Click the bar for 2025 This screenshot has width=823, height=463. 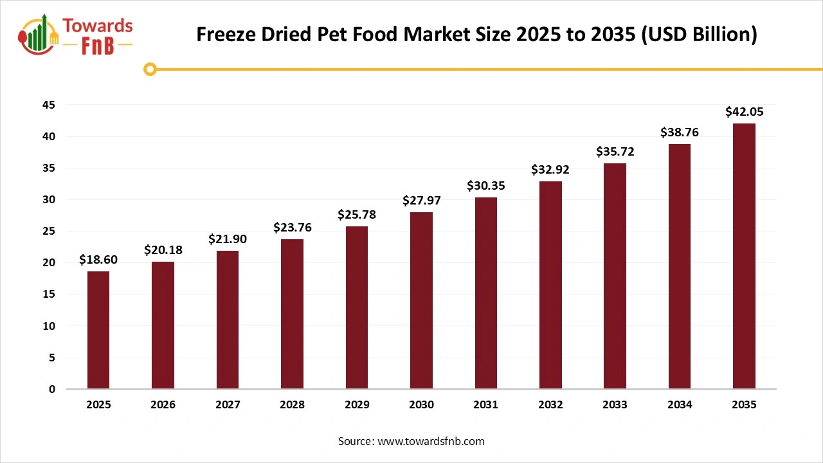tap(98, 330)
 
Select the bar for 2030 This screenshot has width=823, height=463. tap(421, 300)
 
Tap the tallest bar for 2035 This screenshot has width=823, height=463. tap(744, 256)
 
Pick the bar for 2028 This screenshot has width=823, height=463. tap(292, 314)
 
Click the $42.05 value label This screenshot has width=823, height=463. tap(744, 112)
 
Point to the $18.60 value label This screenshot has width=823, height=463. tap(98, 260)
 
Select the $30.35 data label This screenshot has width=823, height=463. tap(485, 186)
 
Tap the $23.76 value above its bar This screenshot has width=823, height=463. tap(292, 228)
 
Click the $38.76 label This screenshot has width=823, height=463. tap(679, 132)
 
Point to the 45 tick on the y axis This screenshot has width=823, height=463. tap(50, 105)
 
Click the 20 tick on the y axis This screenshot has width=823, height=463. tap(50, 263)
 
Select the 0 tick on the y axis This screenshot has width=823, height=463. tap(52, 389)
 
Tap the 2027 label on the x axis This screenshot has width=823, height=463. tap(228, 405)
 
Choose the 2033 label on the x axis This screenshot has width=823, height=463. tap(615, 405)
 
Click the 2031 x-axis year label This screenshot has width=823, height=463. tap(485, 405)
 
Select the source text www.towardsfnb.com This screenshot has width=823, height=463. tap(430, 441)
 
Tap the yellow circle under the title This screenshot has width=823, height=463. tap(150, 69)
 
